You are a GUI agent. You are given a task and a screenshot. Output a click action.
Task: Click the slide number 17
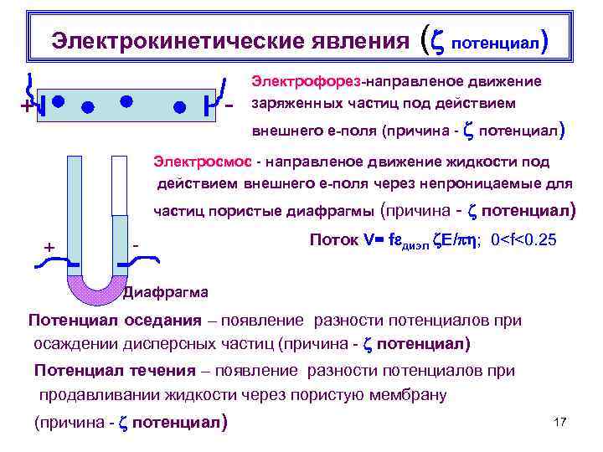[560, 422]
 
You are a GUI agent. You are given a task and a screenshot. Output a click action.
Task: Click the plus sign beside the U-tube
[49, 248]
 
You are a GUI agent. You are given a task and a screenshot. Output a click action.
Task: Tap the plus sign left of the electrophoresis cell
[27, 108]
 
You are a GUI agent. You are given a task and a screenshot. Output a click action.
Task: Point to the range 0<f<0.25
[523, 240]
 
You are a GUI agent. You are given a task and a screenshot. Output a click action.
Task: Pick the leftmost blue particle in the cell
[58, 100]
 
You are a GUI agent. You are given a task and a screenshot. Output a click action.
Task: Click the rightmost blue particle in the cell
[179, 106]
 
